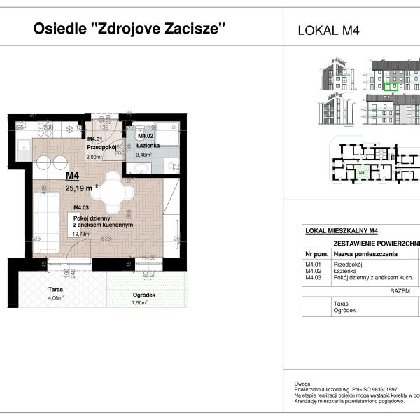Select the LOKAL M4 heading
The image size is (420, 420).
coord(328,30)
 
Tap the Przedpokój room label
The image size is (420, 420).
coord(101,148)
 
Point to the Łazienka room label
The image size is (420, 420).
coord(149,145)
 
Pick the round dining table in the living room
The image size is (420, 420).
coord(112,191)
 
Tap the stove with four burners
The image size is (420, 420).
coord(70,128)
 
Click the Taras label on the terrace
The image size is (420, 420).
coord(56,288)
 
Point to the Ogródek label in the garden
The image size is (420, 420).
coord(143,295)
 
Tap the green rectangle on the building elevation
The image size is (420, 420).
coord(392,88)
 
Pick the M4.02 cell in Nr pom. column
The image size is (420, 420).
coord(312,271)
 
